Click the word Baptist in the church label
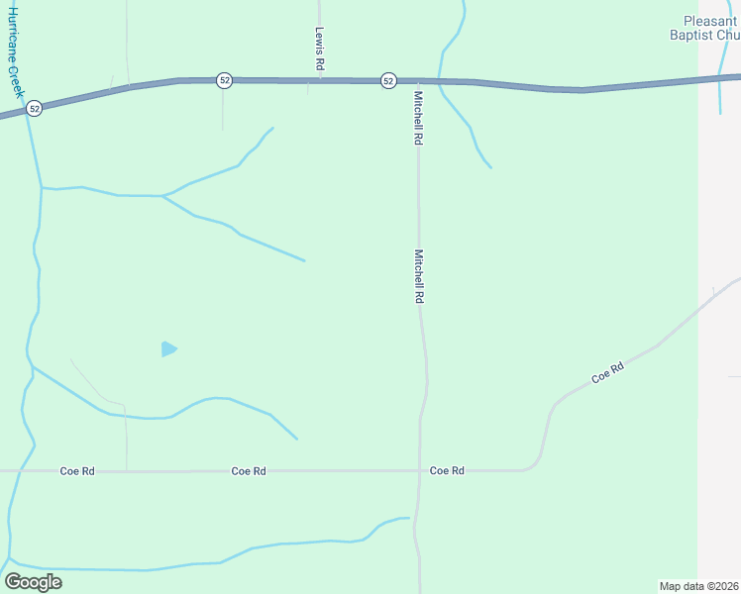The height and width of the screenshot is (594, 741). [x=696, y=35]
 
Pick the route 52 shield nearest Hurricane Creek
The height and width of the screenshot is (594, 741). [x=35, y=108]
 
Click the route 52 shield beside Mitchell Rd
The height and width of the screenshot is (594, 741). [x=387, y=80]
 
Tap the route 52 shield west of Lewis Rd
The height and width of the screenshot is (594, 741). [x=225, y=80]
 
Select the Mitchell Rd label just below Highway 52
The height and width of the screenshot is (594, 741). [x=419, y=118]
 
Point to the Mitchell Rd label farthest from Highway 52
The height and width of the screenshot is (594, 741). [x=419, y=275]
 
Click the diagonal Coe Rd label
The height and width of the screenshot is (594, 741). [x=607, y=373]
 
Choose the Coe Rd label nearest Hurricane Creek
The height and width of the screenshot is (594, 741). [x=78, y=471]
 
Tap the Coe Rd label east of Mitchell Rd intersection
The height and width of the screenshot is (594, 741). [x=447, y=471]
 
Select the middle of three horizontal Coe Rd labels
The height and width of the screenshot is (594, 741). [x=249, y=471]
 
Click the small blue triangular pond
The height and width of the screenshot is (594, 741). [x=168, y=348]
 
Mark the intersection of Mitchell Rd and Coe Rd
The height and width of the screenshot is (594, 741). [x=419, y=471]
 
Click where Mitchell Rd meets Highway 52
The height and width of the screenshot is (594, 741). [x=417, y=81]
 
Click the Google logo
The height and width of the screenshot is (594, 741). [x=33, y=581]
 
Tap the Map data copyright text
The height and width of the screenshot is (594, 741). [x=699, y=585]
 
